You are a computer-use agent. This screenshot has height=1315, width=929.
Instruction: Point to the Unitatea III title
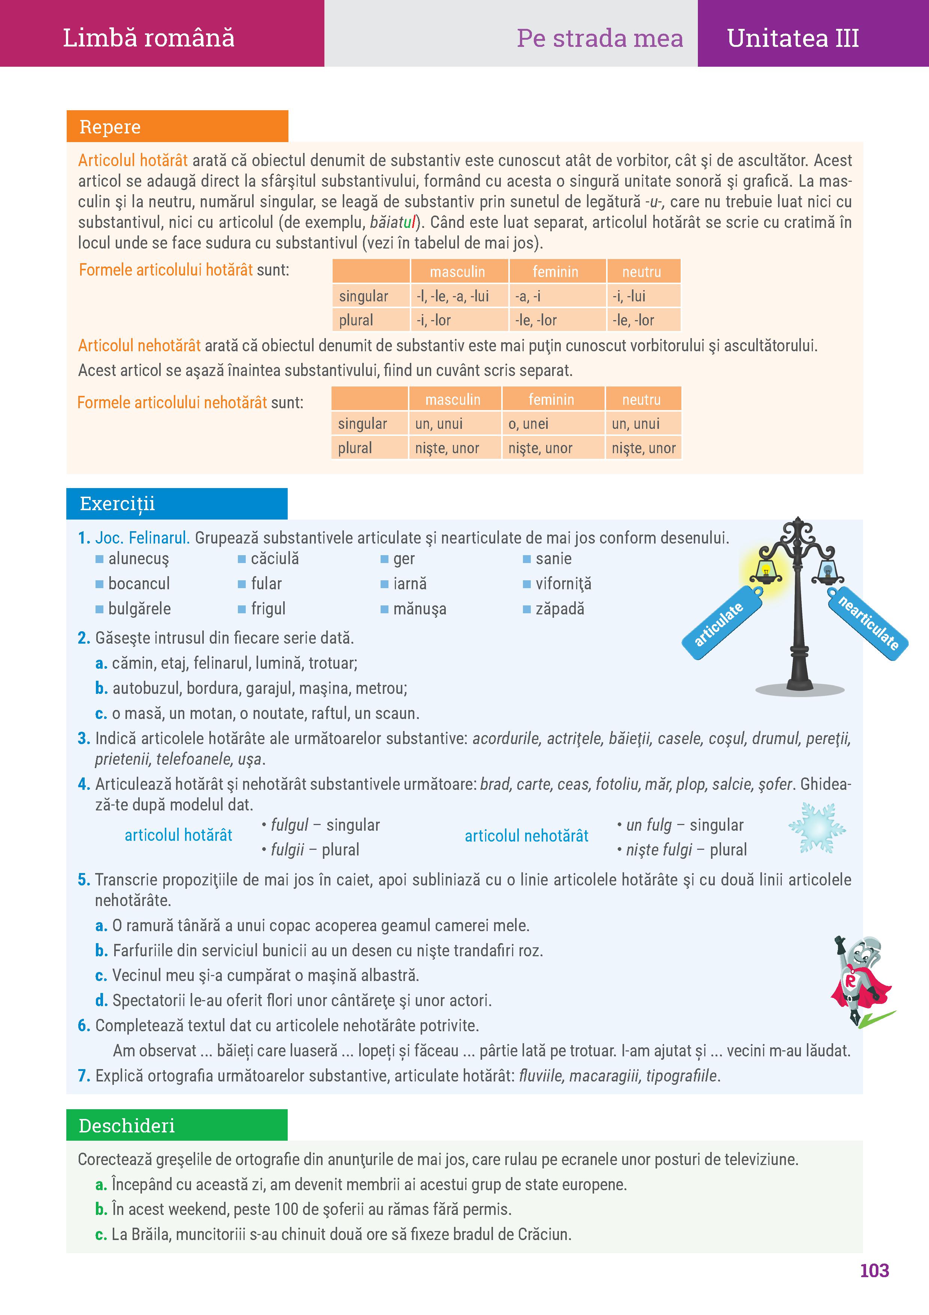tap(793, 38)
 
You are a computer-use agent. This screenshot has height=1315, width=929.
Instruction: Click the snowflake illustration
tap(817, 828)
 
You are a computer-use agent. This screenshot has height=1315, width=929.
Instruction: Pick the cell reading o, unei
tap(528, 424)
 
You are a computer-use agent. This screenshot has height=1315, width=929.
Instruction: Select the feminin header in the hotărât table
tap(555, 271)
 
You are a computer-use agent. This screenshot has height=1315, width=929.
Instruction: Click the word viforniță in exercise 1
tap(563, 584)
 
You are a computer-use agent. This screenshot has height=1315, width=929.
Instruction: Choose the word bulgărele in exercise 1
tap(140, 608)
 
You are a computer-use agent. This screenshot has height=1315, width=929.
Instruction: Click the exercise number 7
tap(84, 1075)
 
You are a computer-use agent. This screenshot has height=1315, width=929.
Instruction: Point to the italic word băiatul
tap(394, 222)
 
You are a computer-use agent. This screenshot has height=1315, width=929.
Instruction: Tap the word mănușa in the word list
tap(420, 608)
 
